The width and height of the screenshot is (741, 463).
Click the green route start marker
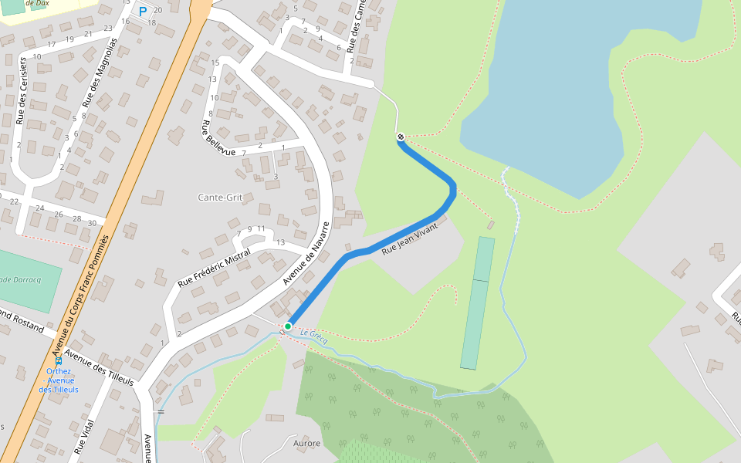point(288,326)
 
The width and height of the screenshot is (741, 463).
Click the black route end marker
point(401,137)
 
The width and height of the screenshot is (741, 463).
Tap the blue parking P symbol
point(142,12)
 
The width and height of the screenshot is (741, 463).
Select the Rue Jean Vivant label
point(409,239)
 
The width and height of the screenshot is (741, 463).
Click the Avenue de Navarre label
point(306,254)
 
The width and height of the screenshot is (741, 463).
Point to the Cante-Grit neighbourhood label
point(220,198)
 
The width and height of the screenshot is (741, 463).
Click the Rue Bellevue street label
point(218,139)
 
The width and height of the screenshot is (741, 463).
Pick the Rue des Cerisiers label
point(22,90)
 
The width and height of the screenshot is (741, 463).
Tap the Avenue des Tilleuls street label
point(99,368)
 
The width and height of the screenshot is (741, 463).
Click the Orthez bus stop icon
point(59,360)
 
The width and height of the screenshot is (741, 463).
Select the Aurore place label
point(306,444)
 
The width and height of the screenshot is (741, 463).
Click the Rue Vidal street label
point(83,436)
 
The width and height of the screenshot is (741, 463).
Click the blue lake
point(571,85)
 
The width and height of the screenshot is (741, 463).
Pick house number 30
point(92,223)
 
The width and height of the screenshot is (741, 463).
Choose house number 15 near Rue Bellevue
point(215,63)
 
